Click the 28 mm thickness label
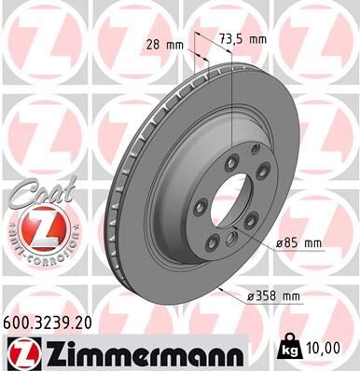tap(164, 44)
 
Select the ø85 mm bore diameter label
tap(298, 242)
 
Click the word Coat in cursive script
tap(37, 193)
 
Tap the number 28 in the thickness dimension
tap(152, 44)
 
